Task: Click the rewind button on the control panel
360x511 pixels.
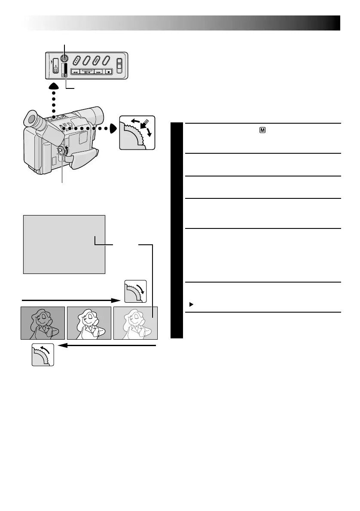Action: [76, 72]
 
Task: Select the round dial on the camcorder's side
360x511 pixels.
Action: [61, 150]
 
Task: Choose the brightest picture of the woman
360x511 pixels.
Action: [135, 323]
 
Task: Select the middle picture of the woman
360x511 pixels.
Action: [89, 323]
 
